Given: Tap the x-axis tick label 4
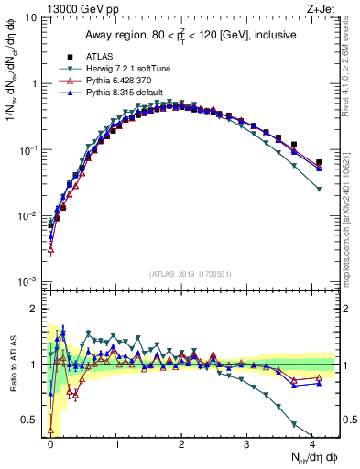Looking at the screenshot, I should point(312,442).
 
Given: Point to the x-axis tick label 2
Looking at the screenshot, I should point(181,442).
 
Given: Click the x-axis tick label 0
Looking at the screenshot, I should point(50,442).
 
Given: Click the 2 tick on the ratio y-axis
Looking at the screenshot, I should point(33,308).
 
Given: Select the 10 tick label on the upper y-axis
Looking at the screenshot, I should point(29,17).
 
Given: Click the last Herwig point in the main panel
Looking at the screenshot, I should point(319,189).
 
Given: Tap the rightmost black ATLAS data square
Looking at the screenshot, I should point(319,163).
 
